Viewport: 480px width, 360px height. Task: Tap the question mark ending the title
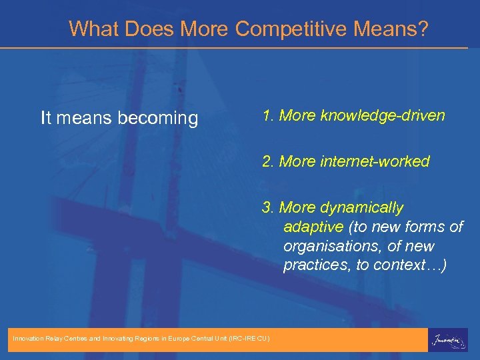(x=423, y=29)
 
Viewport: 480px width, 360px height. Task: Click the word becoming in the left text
(x=157, y=119)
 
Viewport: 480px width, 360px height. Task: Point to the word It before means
(x=46, y=119)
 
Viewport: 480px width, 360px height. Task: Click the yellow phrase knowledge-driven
(x=382, y=115)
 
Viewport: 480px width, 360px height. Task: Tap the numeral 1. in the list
(x=268, y=115)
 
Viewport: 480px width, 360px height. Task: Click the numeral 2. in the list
(x=268, y=161)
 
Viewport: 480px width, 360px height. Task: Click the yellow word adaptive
(x=313, y=227)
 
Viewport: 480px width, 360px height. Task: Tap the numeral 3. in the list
(x=268, y=207)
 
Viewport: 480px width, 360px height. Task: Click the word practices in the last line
(x=317, y=265)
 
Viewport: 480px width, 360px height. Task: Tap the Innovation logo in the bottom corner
(x=448, y=339)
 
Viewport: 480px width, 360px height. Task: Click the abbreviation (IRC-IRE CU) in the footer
(x=249, y=339)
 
